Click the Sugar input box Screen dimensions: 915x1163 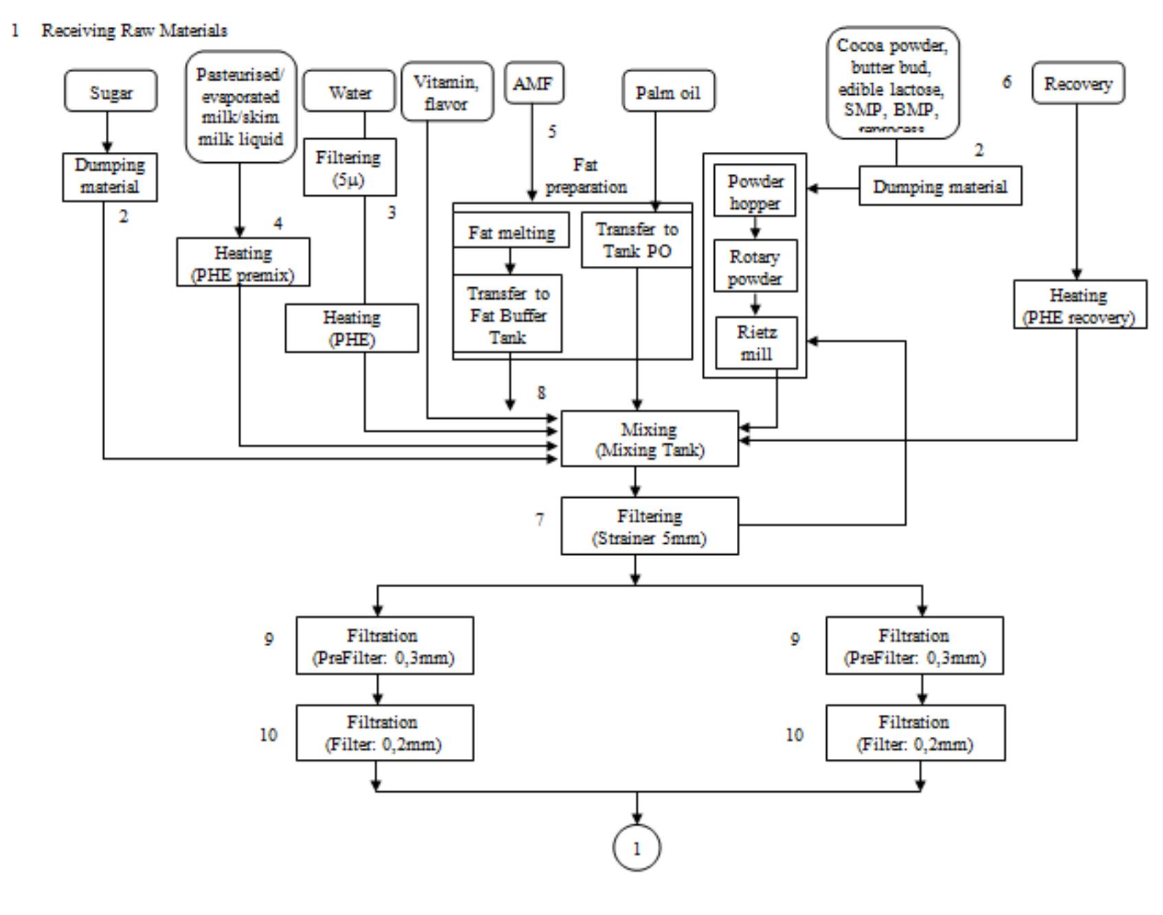[111, 91]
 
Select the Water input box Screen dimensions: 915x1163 [350, 91]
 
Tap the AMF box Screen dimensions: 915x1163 [533, 84]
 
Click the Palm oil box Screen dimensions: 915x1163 [668, 91]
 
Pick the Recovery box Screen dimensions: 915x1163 [1078, 83]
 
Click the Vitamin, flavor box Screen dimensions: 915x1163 [447, 92]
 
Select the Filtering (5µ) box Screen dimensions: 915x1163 [350, 168]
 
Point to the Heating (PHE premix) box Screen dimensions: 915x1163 [243, 263]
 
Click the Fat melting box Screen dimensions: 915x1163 [511, 232]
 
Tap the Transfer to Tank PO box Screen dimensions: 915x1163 [636, 240]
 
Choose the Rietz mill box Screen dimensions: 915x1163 [755, 342]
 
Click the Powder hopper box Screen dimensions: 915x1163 [755, 191]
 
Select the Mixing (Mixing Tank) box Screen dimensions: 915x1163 [650, 439]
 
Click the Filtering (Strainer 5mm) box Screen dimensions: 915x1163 [650, 526]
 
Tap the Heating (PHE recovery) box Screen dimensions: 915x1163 [1077, 305]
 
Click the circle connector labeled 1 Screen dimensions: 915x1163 [636, 848]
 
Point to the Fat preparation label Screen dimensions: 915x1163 [586, 176]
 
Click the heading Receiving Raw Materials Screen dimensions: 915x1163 [134, 31]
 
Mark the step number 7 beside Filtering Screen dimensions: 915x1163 [540, 520]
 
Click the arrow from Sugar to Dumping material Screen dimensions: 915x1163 [108, 133]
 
